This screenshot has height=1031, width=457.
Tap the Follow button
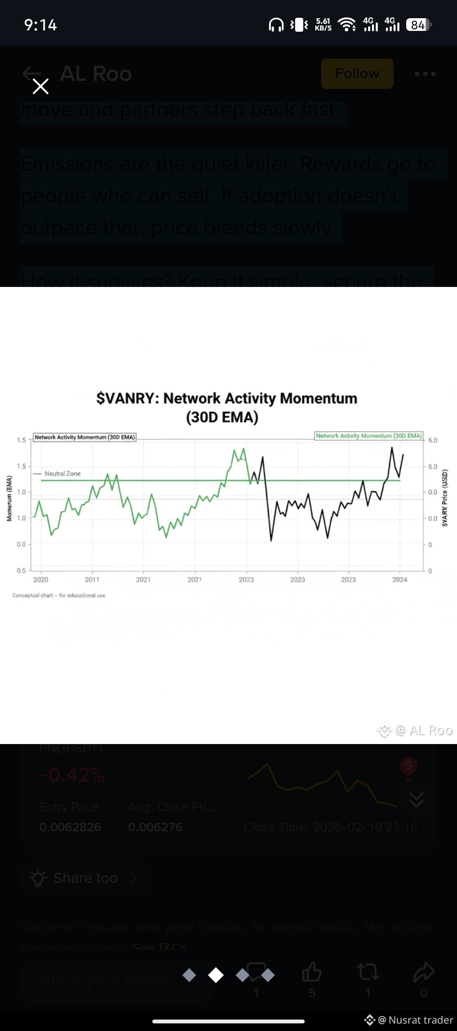(x=357, y=74)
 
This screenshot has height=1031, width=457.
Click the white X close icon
(x=41, y=86)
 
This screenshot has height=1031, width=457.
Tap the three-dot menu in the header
(x=425, y=74)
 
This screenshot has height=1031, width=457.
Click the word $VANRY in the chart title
(x=127, y=398)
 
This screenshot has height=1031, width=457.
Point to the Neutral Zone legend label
(x=62, y=474)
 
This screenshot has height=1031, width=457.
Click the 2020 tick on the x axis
(x=41, y=580)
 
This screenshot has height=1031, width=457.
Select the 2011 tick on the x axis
(x=92, y=580)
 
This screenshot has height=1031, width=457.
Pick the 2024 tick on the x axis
(x=399, y=580)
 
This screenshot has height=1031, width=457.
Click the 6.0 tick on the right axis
(x=432, y=440)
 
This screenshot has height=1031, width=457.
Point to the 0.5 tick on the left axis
(x=21, y=571)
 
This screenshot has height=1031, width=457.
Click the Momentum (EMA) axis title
(x=9, y=498)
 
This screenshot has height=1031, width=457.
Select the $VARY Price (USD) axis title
(x=445, y=498)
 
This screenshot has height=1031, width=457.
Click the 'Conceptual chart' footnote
(x=59, y=595)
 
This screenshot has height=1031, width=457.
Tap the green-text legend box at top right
(x=369, y=436)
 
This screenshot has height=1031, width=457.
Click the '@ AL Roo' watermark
(x=423, y=731)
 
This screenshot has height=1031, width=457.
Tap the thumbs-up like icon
(x=312, y=972)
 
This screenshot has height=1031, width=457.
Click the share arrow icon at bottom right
(x=424, y=972)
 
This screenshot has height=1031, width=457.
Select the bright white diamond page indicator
(x=216, y=975)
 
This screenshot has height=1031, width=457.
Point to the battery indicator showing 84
(x=418, y=25)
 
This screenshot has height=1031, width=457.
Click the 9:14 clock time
(x=41, y=25)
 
